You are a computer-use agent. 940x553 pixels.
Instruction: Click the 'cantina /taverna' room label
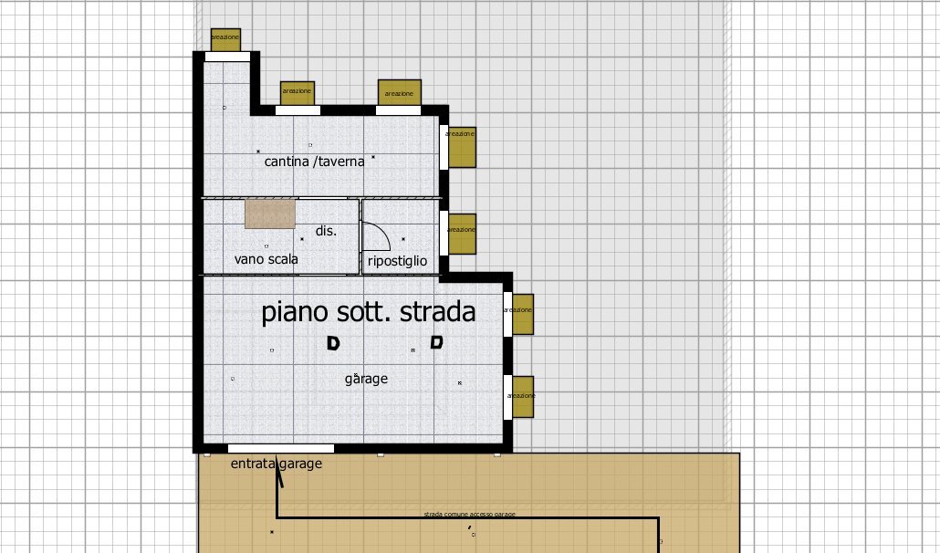tap(314, 162)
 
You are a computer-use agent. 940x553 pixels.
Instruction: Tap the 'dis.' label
tap(326, 231)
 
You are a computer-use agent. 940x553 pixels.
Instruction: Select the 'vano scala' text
tap(266, 259)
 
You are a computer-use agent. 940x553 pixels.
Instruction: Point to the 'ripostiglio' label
tap(397, 261)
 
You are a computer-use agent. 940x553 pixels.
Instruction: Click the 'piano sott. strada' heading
tap(369, 312)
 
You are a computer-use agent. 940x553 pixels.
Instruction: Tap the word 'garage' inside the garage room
tap(366, 378)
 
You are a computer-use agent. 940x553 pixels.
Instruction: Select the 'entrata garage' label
tap(276, 464)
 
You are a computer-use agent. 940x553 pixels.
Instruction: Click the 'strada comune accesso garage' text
tap(469, 515)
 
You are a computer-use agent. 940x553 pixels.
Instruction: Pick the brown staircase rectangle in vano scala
tap(270, 214)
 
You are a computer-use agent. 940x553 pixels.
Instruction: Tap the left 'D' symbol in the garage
tap(333, 344)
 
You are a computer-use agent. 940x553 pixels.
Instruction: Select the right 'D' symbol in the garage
tap(437, 343)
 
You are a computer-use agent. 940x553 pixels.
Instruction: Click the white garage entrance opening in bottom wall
tap(280, 449)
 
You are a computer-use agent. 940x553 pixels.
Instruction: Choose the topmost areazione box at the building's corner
tap(225, 39)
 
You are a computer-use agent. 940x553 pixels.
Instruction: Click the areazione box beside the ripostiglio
tap(461, 233)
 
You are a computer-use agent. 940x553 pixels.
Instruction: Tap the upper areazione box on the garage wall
tap(520, 314)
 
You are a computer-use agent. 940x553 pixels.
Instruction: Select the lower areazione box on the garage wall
tap(521, 397)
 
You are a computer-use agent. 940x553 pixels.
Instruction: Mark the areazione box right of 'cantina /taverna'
tap(461, 147)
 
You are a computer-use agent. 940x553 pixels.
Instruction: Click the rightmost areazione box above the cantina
tap(399, 92)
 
